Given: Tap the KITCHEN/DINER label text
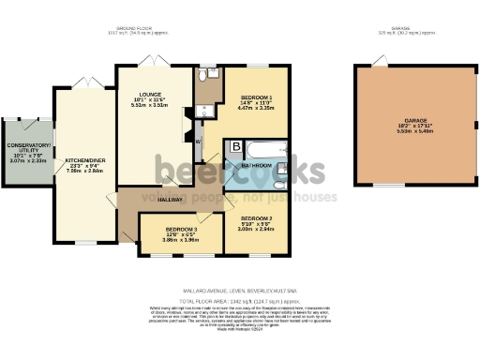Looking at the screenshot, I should coord(83,160).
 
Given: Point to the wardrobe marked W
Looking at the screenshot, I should coord(199,142).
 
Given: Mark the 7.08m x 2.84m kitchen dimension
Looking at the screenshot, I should coord(83,172).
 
